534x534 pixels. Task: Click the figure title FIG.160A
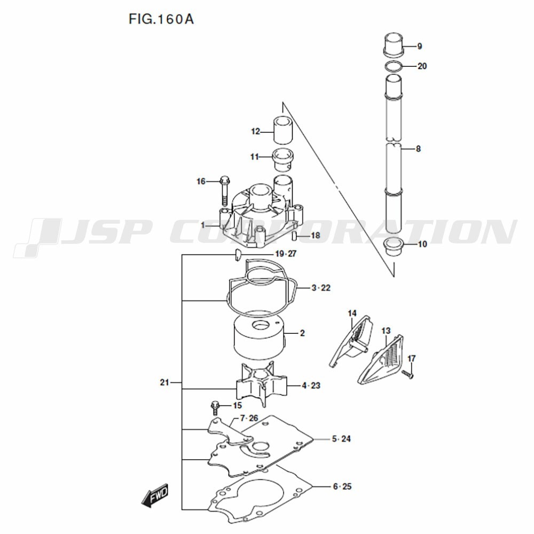click(x=161, y=20)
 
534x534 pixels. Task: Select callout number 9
click(x=420, y=46)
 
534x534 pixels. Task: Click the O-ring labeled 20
click(x=393, y=67)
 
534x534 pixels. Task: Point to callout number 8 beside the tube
click(x=418, y=149)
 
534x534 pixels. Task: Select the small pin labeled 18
click(x=294, y=235)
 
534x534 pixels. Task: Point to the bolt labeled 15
click(x=215, y=407)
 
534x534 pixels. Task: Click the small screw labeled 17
click(x=409, y=375)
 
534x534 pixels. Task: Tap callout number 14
click(x=352, y=313)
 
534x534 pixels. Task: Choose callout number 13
click(x=386, y=331)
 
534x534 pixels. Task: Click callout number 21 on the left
click(x=164, y=382)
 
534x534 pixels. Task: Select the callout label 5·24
click(x=341, y=439)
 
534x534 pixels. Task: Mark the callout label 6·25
click(x=342, y=486)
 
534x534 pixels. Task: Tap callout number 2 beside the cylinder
click(x=302, y=333)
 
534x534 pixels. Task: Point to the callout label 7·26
click(x=249, y=418)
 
